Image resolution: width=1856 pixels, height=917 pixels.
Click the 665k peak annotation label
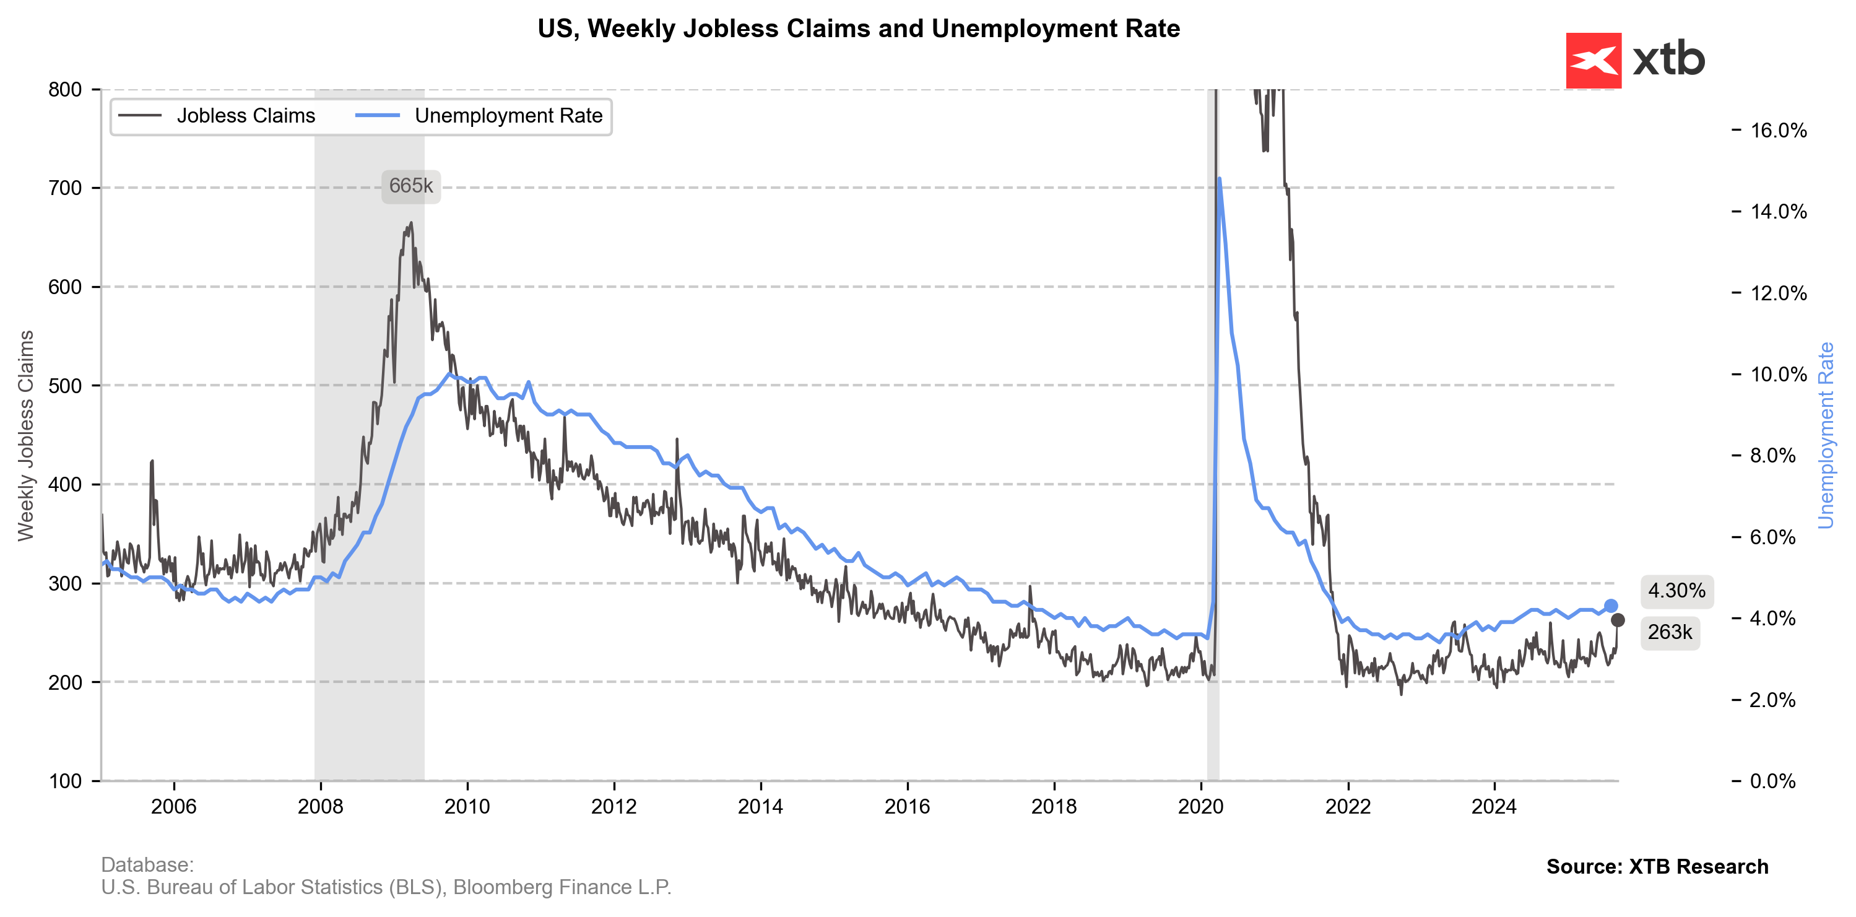(x=410, y=186)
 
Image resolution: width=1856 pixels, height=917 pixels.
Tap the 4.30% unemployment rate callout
(x=1676, y=591)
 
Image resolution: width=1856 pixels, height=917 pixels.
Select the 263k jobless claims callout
(x=1670, y=632)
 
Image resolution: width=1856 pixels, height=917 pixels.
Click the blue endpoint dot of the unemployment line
(x=1610, y=606)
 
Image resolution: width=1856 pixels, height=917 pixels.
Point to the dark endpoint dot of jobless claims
(x=1618, y=620)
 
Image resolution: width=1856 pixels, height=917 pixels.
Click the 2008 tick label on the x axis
(x=320, y=806)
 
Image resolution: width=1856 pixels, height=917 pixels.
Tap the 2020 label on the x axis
(x=1200, y=806)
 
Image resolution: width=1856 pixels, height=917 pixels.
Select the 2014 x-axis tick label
(x=760, y=806)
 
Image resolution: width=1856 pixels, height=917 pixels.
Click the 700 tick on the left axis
(x=65, y=188)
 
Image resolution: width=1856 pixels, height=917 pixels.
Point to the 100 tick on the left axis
(x=65, y=781)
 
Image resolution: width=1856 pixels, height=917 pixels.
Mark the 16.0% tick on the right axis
(x=1778, y=131)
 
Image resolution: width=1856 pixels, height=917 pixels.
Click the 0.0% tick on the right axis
(x=1772, y=781)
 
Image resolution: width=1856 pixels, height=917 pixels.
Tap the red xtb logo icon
(x=1593, y=61)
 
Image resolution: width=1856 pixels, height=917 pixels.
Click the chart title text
(x=858, y=29)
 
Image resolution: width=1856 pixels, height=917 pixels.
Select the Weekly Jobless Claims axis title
(x=26, y=435)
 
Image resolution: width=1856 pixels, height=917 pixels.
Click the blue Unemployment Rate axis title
(x=1825, y=435)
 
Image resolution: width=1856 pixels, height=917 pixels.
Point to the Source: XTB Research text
(x=1657, y=867)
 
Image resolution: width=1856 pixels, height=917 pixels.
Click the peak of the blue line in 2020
(x=1219, y=179)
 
